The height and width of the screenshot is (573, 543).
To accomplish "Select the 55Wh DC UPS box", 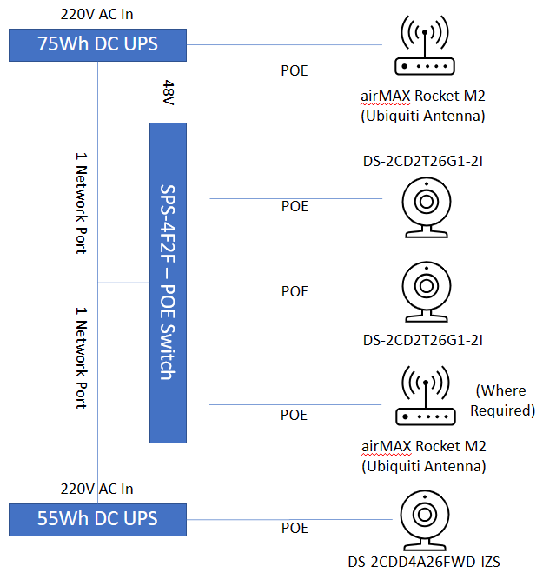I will (x=97, y=519).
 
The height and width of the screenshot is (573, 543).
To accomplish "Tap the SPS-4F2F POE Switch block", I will (x=169, y=282).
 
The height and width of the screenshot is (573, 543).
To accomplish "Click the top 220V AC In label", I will (x=97, y=15).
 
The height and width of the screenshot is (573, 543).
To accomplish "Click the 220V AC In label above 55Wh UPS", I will (x=97, y=489).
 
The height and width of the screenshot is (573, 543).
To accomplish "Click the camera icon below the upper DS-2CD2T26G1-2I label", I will (x=426, y=207).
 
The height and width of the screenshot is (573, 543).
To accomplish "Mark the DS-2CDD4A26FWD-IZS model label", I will (x=425, y=561).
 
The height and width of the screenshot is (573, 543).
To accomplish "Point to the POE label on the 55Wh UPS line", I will (x=295, y=528).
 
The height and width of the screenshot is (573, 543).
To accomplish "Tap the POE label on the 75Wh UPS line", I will (x=294, y=70).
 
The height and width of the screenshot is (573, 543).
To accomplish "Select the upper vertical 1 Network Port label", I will (x=82, y=203).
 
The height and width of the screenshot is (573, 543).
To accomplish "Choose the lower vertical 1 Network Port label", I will (x=82, y=356).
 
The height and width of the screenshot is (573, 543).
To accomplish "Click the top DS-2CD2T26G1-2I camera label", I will (x=423, y=161).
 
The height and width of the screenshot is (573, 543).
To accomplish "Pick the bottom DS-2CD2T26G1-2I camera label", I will (x=423, y=339).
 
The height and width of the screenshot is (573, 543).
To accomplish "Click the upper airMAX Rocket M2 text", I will (x=423, y=98).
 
